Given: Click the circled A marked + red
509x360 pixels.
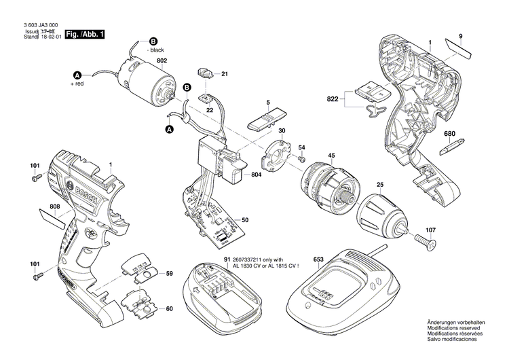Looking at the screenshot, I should point(77,75).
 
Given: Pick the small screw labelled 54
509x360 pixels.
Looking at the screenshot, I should point(299,158).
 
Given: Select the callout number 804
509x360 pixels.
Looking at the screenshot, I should point(256,175).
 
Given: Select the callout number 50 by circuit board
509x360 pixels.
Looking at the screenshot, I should point(245,219).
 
